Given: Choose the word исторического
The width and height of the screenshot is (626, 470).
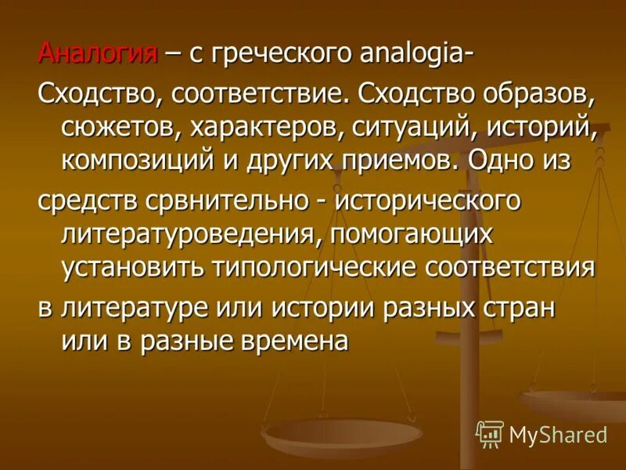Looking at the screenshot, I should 429,199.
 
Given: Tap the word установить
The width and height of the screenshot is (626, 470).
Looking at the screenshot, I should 132,266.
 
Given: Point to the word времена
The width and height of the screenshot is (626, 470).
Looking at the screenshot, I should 288,339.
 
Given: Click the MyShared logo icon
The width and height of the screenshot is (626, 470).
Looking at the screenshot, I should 490,434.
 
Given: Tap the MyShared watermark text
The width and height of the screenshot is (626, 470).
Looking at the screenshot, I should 558,435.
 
